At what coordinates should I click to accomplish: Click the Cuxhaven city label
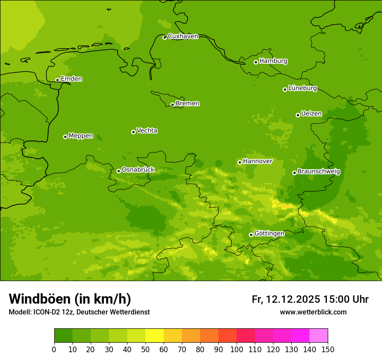click(x=183, y=36)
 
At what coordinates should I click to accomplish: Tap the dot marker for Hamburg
click(x=256, y=62)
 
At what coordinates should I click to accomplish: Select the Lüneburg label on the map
click(x=302, y=88)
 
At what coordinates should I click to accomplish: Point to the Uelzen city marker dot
click(x=298, y=115)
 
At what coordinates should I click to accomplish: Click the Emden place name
click(x=71, y=79)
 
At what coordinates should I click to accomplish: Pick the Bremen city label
click(x=187, y=103)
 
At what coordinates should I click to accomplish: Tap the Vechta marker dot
click(x=133, y=132)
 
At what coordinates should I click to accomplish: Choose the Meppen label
click(x=81, y=136)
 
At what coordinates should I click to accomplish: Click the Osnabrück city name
click(x=138, y=170)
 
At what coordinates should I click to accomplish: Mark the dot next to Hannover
click(x=240, y=162)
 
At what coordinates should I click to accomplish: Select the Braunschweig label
click(x=319, y=171)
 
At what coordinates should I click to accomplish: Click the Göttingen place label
click(x=269, y=233)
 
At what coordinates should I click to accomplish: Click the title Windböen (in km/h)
click(x=70, y=299)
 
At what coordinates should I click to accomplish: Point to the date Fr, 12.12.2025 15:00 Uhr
click(x=310, y=299)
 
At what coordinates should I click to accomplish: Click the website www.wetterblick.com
click(x=313, y=312)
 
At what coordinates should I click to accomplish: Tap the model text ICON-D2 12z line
click(x=79, y=312)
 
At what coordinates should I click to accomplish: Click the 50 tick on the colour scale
click(x=145, y=349)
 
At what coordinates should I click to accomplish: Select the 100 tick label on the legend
click(x=237, y=349)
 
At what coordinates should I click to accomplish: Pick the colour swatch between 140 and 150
click(x=319, y=336)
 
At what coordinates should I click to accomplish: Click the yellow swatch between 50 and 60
click(x=155, y=336)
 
